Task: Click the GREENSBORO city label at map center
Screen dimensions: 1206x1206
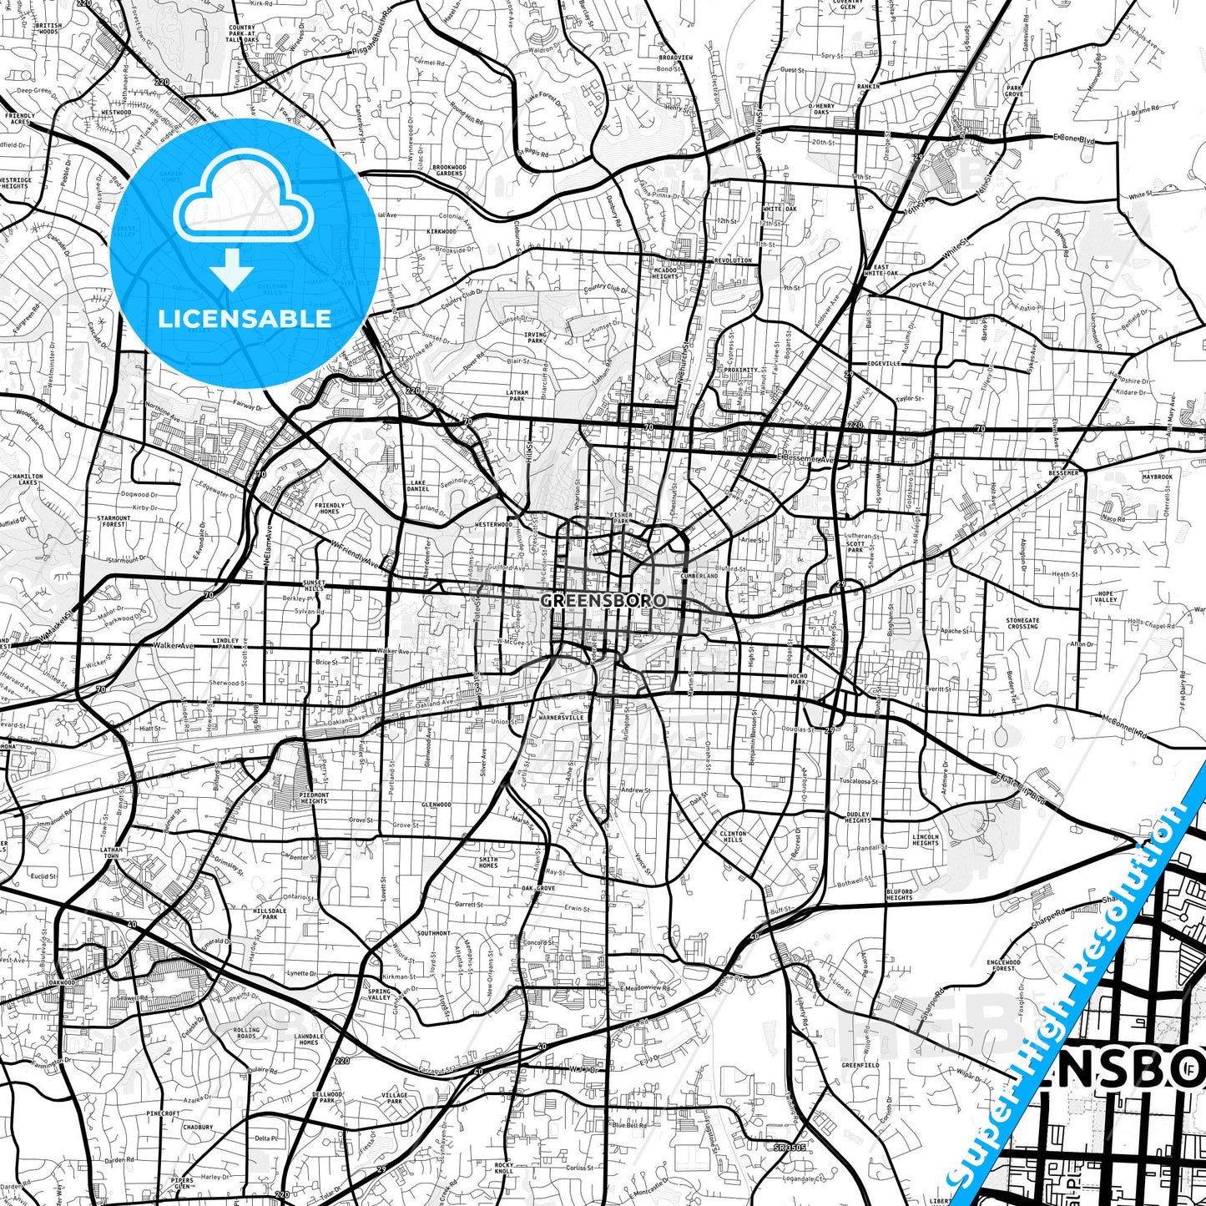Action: (x=603, y=600)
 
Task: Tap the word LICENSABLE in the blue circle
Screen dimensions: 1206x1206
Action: (x=245, y=318)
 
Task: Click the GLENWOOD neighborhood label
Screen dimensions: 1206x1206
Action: (x=436, y=805)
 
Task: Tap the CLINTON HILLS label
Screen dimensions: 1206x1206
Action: (x=733, y=836)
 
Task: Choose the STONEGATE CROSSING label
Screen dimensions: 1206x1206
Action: (x=1022, y=623)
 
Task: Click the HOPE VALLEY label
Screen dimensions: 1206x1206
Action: (x=1107, y=597)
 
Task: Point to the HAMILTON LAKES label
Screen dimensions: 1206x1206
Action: (x=28, y=479)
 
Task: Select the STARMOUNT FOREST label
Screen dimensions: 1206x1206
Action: (x=114, y=522)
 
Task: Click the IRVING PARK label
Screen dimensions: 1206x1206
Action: (x=535, y=337)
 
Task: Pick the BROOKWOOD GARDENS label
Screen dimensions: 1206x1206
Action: (x=449, y=170)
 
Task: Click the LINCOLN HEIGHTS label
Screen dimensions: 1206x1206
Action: (x=926, y=840)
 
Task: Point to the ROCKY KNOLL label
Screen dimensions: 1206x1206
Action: (x=503, y=1168)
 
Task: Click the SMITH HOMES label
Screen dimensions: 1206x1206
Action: (x=488, y=862)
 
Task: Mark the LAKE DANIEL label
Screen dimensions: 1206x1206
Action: (x=417, y=486)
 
